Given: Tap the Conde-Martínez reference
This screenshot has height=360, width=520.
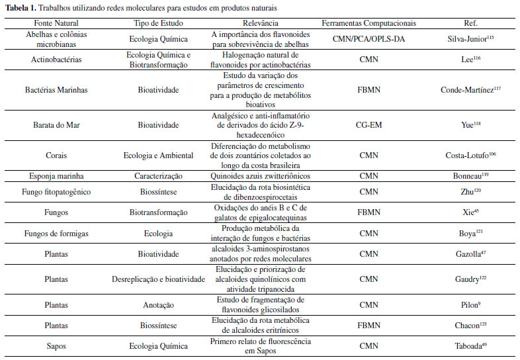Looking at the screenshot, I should click(470, 89).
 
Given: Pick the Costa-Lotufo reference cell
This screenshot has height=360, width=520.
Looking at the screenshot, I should click(470, 156).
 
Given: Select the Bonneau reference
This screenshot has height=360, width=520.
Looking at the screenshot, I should click(470, 177).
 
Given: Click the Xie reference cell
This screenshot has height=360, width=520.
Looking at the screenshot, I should click(470, 214).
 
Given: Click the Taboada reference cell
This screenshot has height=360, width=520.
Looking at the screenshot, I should click(470, 345).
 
